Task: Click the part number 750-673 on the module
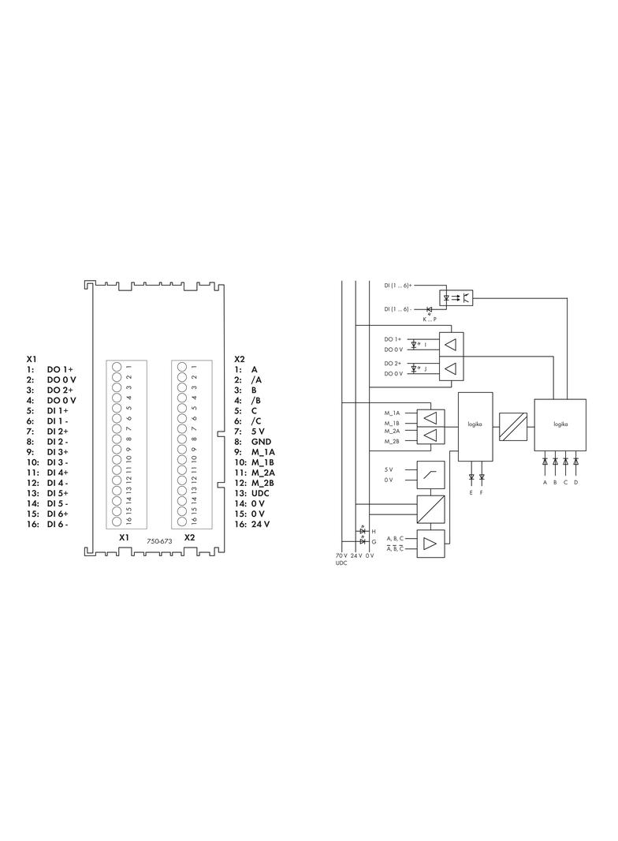(159, 541)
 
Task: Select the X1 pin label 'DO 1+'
(60, 369)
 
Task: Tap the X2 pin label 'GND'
(261, 442)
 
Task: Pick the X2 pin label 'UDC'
(260, 493)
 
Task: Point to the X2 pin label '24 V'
(260, 524)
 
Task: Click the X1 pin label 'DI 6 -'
(58, 524)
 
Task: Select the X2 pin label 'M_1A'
(263, 452)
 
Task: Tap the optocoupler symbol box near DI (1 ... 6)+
(456, 297)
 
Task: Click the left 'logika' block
(475, 426)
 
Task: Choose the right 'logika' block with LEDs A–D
(560, 424)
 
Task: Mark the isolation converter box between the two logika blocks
(513, 426)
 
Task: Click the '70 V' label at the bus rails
(341, 555)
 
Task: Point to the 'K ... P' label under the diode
(430, 320)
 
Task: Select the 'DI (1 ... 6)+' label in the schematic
(398, 286)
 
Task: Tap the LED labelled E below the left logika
(471, 477)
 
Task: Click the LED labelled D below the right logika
(575, 461)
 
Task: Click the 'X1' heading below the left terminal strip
(125, 537)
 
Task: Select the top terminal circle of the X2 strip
(182, 367)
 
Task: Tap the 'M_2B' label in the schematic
(392, 441)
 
